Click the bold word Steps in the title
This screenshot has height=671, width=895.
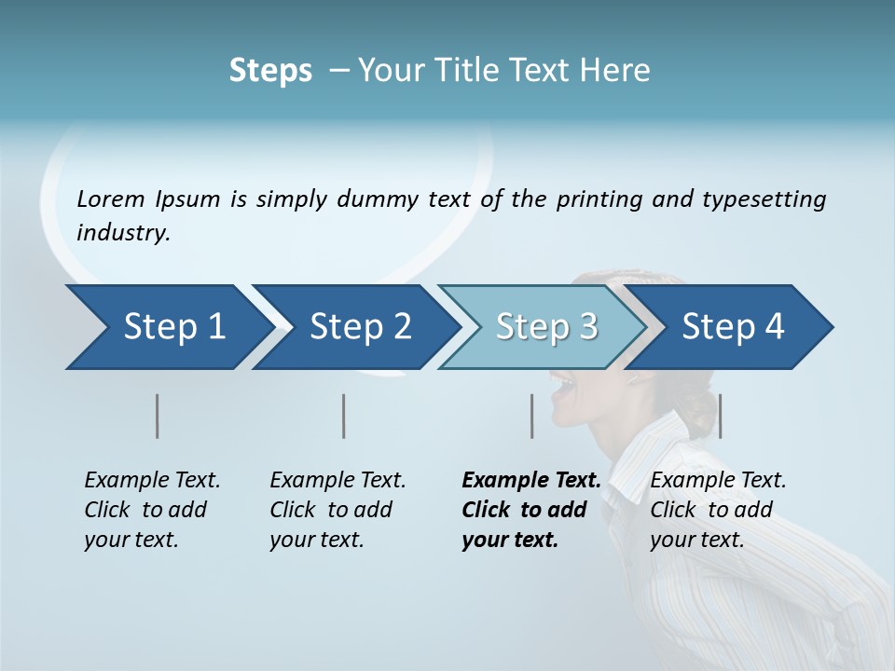pos(270,71)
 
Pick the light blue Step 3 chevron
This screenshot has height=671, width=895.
pos(541,327)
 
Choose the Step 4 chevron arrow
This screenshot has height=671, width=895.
pos(727,327)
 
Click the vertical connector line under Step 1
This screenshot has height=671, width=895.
pos(158,416)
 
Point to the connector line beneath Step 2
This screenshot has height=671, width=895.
pos(344,416)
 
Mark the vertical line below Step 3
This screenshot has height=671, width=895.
pos(532,416)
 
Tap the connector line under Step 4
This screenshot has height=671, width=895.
pos(721,416)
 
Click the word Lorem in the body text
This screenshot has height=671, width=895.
pos(111,199)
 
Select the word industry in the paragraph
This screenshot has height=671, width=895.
pos(122,233)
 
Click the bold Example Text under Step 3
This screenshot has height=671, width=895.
pos(531,481)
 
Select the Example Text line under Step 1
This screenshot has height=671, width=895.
pos(152,481)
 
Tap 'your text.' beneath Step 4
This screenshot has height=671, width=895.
pos(696,540)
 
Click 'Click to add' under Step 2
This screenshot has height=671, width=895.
pos(331,511)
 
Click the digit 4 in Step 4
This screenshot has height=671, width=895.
pos(775,327)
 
